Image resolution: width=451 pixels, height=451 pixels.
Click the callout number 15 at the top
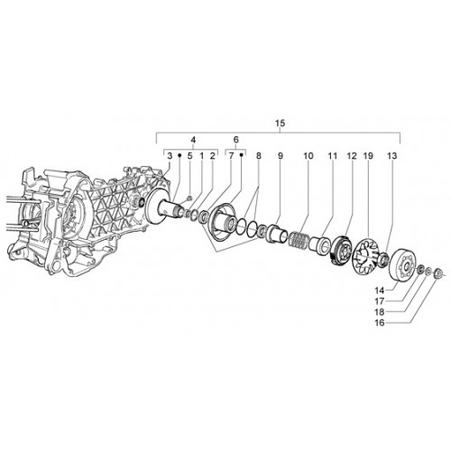click(x=280, y=124)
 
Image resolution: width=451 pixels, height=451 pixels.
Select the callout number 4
click(x=193, y=140)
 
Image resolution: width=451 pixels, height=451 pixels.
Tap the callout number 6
click(x=235, y=140)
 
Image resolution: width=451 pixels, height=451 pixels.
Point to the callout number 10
click(x=308, y=156)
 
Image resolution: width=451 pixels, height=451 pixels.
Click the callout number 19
click(x=368, y=156)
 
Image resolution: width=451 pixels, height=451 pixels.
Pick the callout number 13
click(x=392, y=156)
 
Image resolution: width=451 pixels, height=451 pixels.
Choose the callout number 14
click(x=380, y=290)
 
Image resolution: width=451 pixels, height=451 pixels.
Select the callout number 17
click(x=380, y=301)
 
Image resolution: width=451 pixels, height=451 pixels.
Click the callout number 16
click(x=380, y=323)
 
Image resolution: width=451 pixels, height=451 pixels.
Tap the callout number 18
click(x=380, y=312)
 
